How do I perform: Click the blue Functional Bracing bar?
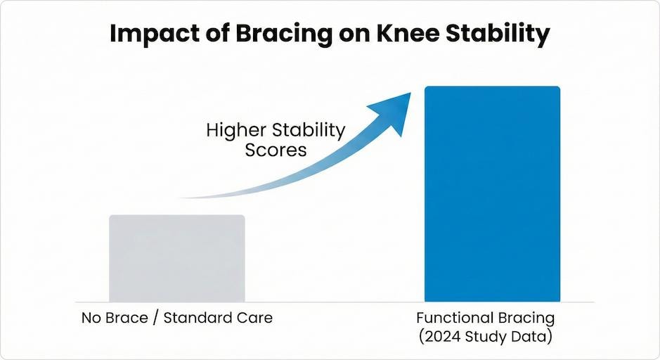[x=492, y=194]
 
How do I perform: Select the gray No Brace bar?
[x=177, y=258]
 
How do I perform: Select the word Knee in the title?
[x=398, y=35]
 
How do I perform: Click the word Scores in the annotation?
[x=276, y=150]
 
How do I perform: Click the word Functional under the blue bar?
[x=455, y=318]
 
